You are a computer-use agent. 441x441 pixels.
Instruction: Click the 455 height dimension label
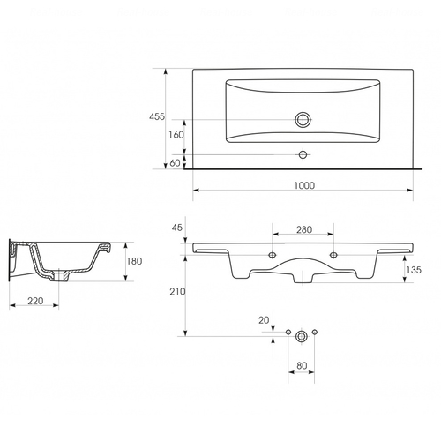click(157, 116)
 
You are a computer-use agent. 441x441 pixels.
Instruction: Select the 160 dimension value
click(176, 135)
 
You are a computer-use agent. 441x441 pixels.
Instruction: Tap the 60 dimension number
click(176, 163)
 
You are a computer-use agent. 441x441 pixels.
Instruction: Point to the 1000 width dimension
click(304, 185)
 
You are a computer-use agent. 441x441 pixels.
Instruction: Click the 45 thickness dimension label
click(177, 228)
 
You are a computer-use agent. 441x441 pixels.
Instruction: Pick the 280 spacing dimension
click(304, 229)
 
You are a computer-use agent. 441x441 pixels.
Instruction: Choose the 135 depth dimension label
click(414, 270)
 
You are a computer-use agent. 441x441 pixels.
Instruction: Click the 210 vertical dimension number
click(177, 292)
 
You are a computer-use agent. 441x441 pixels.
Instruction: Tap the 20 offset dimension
click(264, 320)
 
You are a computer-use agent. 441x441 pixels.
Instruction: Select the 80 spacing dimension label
click(302, 366)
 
